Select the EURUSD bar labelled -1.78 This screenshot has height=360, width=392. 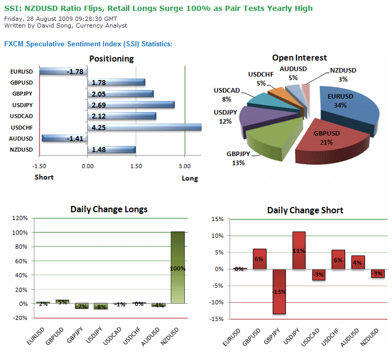[x=62, y=71]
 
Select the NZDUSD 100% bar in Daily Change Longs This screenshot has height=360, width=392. [x=178, y=268]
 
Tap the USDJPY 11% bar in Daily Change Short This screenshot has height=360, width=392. [x=299, y=250]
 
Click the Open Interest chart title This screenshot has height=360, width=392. [x=299, y=58]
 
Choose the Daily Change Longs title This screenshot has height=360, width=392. [x=109, y=209]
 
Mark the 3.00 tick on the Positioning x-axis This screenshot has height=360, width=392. [x=184, y=166]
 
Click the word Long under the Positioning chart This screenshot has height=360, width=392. [x=189, y=178]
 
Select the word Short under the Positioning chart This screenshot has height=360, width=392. [x=44, y=177]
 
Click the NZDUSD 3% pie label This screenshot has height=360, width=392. [x=343, y=74]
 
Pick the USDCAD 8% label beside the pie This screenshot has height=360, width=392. [x=226, y=95]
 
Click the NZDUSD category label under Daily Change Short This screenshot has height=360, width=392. [x=373, y=340]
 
